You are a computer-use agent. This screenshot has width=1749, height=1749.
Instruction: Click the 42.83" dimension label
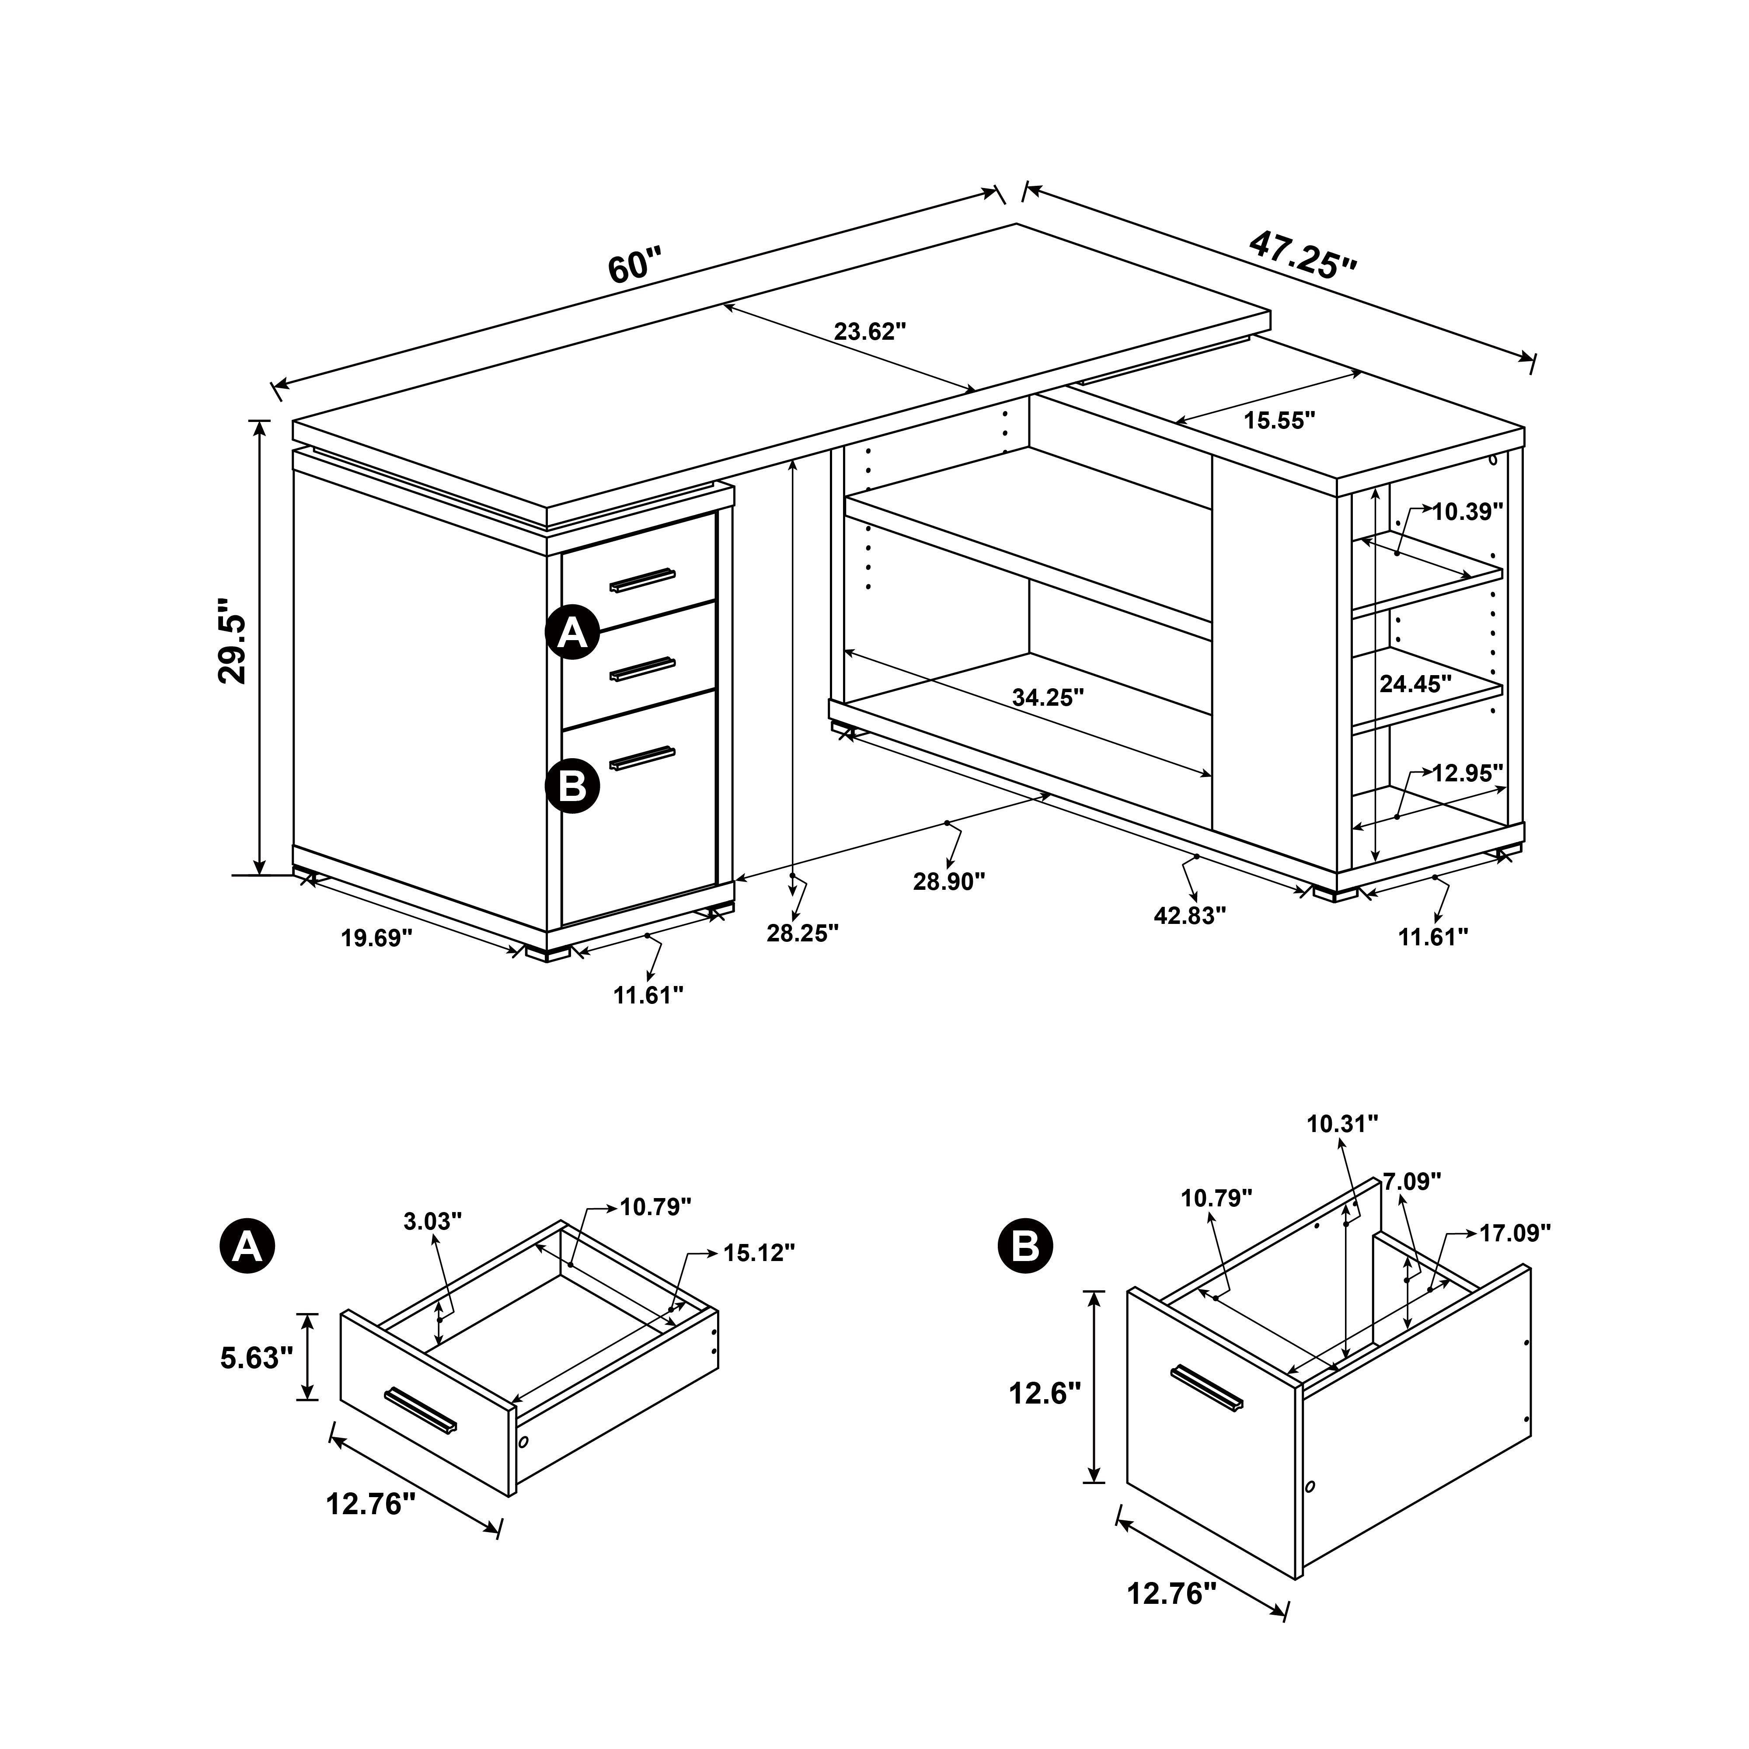1189,915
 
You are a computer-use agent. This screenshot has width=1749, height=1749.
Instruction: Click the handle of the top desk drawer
642,579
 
